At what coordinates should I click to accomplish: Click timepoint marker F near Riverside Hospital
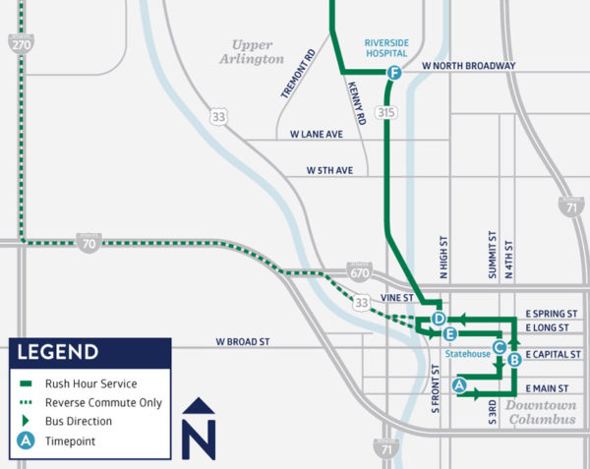point(394,75)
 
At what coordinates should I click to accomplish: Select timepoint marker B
point(514,361)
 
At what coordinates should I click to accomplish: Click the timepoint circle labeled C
point(499,346)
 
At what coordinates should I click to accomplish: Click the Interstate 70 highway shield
point(89,242)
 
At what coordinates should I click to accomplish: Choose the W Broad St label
point(243,342)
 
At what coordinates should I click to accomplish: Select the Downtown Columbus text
point(542,412)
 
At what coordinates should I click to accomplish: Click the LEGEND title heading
point(60,352)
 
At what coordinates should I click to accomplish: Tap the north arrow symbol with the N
point(200,429)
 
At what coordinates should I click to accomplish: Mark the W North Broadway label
point(468,66)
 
